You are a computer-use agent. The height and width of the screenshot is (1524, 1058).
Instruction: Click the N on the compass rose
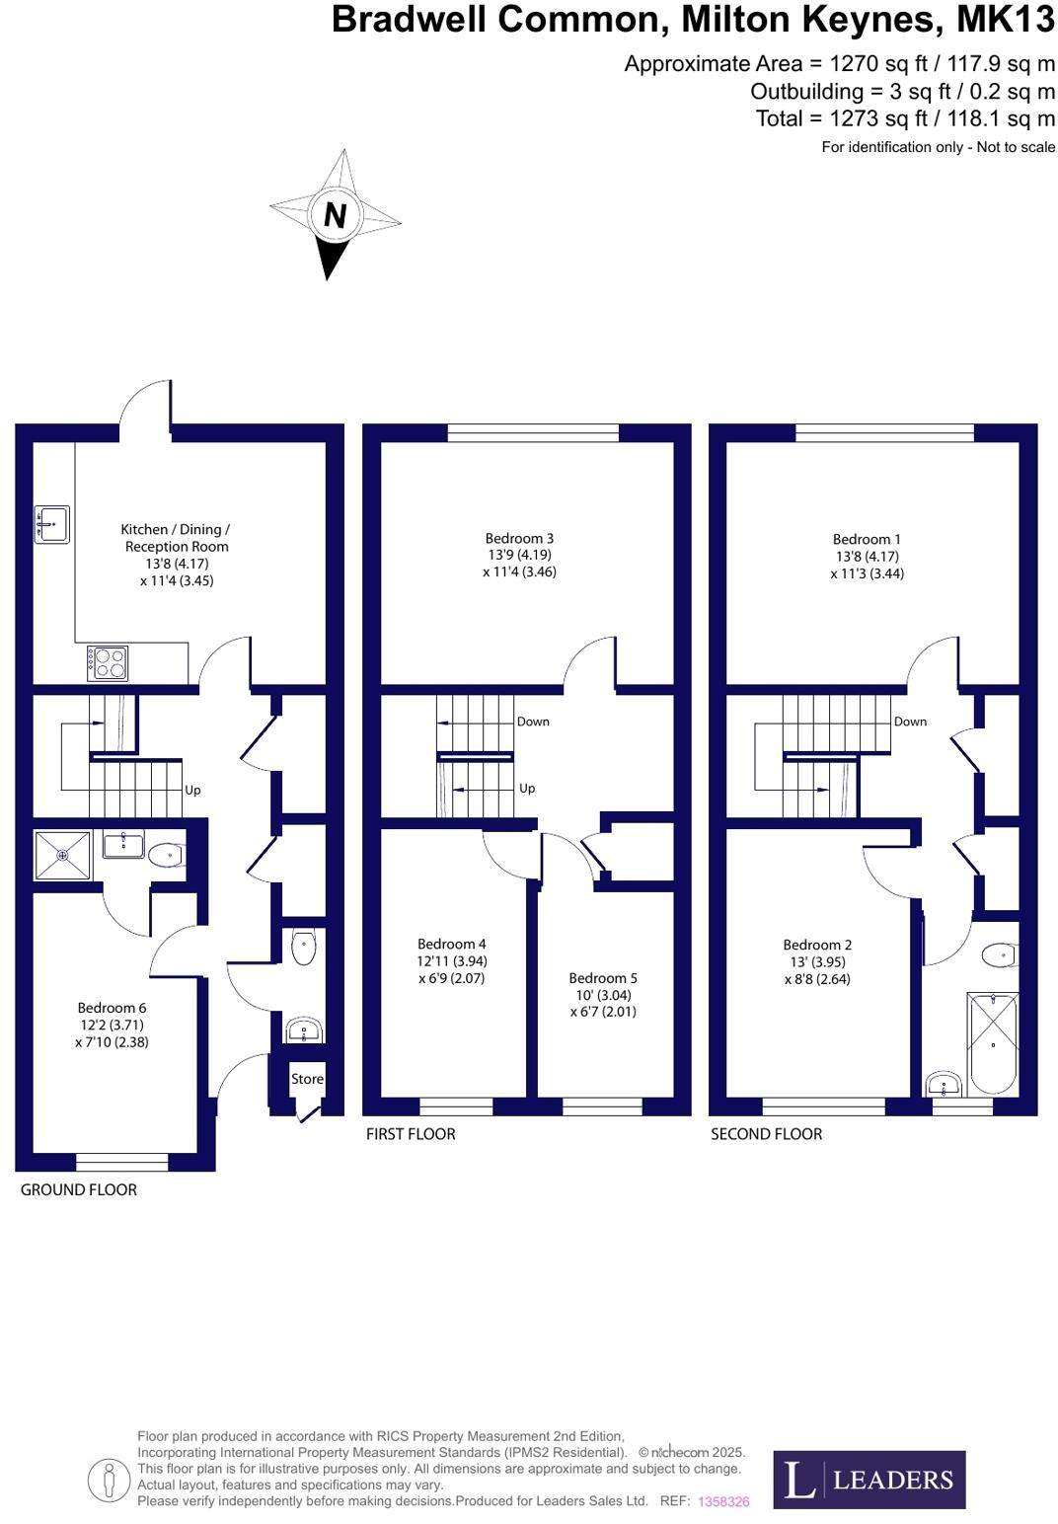click(x=335, y=214)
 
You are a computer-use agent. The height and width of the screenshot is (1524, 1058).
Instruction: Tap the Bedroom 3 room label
click(x=519, y=538)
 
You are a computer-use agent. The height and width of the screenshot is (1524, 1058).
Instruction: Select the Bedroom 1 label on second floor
click(x=867, y=539)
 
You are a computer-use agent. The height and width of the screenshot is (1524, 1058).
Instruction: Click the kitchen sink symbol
click(x=51, y=524)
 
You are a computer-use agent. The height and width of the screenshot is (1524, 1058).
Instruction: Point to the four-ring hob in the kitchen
click(x=107, y=662)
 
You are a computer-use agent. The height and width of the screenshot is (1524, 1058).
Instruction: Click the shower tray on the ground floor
click(x=62, y=855)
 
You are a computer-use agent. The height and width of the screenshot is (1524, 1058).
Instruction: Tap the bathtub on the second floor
click(x=993, y=1044)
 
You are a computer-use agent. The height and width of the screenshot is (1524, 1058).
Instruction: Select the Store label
click(x=307, y=1079)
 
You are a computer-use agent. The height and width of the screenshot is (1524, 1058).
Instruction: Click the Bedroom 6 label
click(x=112, y=1008)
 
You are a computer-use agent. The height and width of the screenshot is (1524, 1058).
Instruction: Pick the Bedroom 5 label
click(x=603, y=978)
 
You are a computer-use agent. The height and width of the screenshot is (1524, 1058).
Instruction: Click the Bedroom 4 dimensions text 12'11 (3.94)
click(x=451, y=960)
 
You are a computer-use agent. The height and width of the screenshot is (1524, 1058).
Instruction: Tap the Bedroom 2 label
click(x=817, y=945)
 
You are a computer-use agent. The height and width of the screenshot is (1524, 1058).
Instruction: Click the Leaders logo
click(x=869, y=1479)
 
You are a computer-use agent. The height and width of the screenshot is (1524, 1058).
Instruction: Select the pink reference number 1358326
click(x=723, y=1501)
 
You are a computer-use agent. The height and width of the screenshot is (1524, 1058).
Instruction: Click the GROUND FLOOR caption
click(x=79, y=1189)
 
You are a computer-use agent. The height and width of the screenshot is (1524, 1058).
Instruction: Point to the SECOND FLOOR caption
click(x=766, y=1134)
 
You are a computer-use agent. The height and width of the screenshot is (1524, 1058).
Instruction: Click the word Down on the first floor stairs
click(x=533, y=722)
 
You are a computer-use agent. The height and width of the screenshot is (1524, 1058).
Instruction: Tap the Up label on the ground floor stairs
click(x=192, y=790)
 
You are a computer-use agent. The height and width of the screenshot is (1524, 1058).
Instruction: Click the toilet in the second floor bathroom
click(x=999, y=954)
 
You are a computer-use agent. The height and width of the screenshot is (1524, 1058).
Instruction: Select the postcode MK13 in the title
click(x=1006, y=20)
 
